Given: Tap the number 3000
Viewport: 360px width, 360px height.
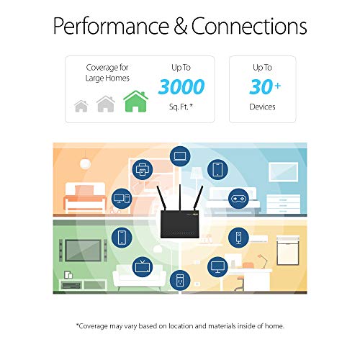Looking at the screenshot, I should coord(181,88).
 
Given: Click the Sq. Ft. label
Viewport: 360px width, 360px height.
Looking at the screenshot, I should coord(181,107).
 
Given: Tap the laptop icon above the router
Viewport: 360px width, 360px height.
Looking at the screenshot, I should coord(179,155).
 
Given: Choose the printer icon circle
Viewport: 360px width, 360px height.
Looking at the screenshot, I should coord(143,171).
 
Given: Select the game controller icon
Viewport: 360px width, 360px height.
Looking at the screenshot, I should coord(237,197).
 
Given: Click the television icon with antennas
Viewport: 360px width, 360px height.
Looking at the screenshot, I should coord(141,266).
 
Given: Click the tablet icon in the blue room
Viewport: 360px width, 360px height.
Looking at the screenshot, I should coord(217,170).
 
